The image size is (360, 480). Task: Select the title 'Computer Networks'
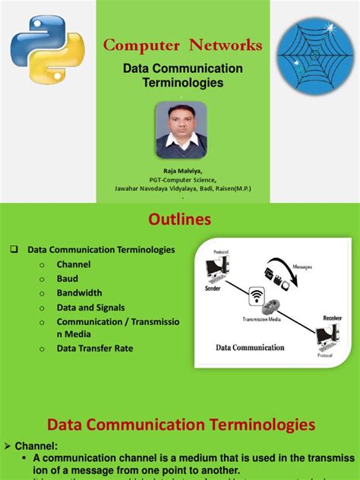(x=182, y=46)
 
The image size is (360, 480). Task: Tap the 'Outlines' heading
(x=180, y=220)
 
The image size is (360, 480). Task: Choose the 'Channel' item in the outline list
(x=73, y=264)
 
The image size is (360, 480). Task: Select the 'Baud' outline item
(x=68, y=279)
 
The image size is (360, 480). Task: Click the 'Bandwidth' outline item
(x=79, y=293)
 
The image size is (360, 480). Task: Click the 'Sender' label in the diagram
(x=215, y=289)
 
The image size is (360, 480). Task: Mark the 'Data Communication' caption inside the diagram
(x=250, y=347)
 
